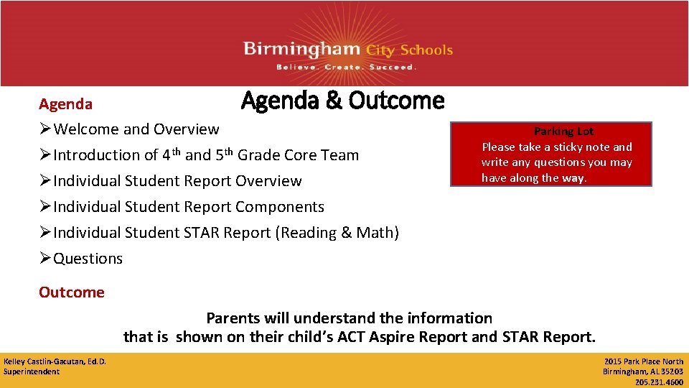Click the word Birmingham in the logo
point(302,50)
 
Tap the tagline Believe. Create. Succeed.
point(346,67)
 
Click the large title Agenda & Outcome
point(342,101)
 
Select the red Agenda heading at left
point(65,104)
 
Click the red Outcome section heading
point(71,292)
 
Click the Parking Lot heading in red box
point(563,131)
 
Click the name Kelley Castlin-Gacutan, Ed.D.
point(55,361)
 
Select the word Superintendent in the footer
point(32,371)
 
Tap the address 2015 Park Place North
point(643,361)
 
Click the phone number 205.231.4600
point(659,382)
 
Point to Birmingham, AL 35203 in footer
point(642,371)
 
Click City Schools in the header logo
point(409,50)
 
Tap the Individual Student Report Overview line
point(177,181)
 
